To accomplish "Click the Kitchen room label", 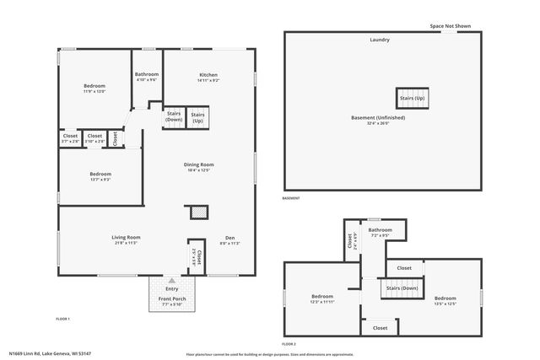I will point(208,74).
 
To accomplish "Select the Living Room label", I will point(126,238).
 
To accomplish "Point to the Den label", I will point(229,238).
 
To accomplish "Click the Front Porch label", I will point(171,299).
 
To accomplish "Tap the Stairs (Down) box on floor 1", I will point(174,117).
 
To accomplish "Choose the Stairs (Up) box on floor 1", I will point(198,117).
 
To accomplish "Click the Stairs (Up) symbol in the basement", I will point(413,97).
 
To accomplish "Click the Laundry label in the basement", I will point(380,40).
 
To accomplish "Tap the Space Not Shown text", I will point(450,25).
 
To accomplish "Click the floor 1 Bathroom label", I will point(147,74).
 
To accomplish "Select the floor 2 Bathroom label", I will point(380,230).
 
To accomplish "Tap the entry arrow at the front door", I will point(171,280).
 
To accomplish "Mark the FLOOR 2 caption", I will point(289,344).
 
